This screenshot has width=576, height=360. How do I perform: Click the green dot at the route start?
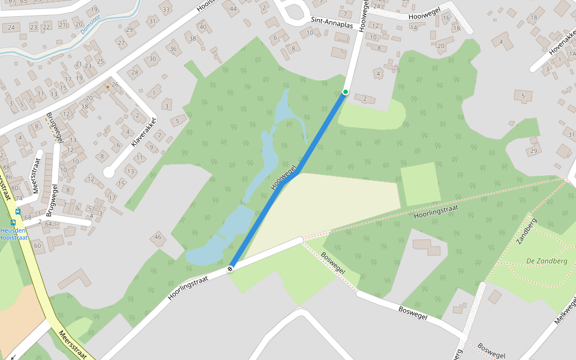click(x=345, y=92)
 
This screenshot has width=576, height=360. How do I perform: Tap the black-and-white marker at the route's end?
click(x=230, y=269)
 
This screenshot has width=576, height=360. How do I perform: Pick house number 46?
click(x=158, y=238)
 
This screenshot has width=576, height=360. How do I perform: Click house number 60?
click(x=37, y=245)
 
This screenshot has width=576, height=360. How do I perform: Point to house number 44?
click(x=233, y=9)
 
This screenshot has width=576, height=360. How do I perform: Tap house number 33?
click(x=166, y=10)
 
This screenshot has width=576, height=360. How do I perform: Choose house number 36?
click(x=173, y=49)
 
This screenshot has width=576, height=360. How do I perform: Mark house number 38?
click(x=193, y=39)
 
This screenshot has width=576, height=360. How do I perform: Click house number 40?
click(x=203, y=27)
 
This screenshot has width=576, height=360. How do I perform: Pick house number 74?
click(x=19, y=198)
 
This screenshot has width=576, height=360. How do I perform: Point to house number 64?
click(x=49, y=224)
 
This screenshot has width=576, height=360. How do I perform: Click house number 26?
click(x=115, y=85)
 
